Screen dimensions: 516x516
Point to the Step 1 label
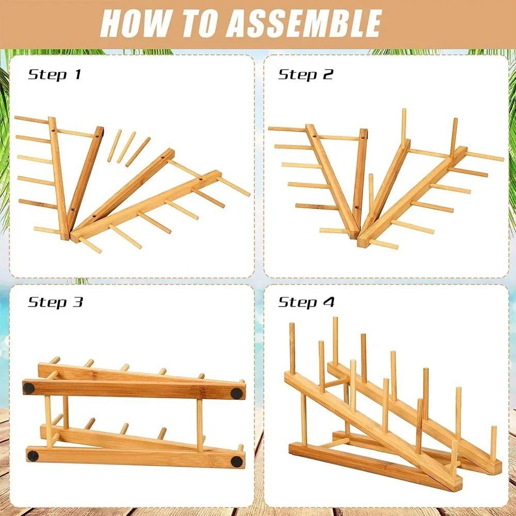55,75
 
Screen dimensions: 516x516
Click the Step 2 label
305,75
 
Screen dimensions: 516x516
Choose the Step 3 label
55,302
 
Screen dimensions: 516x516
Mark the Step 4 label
307,302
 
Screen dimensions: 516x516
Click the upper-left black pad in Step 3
28,389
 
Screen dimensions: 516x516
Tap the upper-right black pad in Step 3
236,393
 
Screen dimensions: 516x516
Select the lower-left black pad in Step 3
33,456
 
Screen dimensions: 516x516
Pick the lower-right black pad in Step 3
237,461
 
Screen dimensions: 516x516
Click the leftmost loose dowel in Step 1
114,146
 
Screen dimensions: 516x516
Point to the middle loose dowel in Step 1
126,148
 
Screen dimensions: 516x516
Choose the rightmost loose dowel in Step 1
138,152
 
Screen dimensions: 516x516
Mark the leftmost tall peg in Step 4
292,348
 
